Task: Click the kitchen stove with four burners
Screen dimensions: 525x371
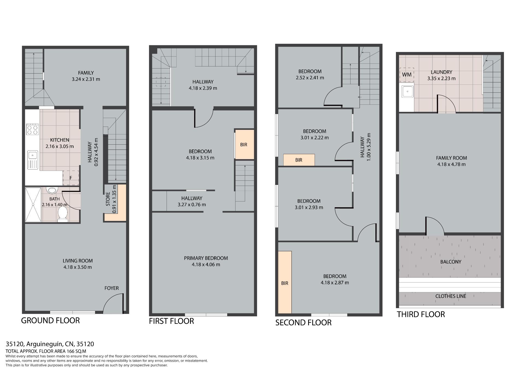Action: pyautogui.click(x=32, y=129)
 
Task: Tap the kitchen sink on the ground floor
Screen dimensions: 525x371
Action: pyautogui.click(x=33, y=160)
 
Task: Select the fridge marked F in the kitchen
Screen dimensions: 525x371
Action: pyautogui.click(x=71, y=178)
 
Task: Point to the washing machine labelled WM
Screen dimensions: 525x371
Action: pyautogui.click(x=407, y=75)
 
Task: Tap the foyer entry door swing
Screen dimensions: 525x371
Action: pyautogui.click(x=113, y=303)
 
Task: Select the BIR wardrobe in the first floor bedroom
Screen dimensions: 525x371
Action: pyautogui.click(x=244, y=145)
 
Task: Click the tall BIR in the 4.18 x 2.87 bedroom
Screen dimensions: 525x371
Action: pyautogui.click(x=285, y=282)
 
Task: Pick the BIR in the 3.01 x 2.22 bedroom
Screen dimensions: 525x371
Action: pyautogui.click(x=299, y=160)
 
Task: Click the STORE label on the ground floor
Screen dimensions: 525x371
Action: pyautogui.click(x=108, y=199)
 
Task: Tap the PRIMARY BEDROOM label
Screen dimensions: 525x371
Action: pyautogui.click(x=206, y=258)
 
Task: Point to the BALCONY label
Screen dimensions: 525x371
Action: pyautogui.click(x=451, y=262)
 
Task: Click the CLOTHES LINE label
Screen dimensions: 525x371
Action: pyautogui.click(x=451, y=296)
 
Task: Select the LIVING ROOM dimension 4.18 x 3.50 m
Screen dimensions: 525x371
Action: pyautogui.click(x=78, y=267)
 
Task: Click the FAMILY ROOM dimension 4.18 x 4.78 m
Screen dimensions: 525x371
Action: pyautogui.click(x=451, y=164)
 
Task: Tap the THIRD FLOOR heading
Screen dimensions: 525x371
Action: pyautogui.click(x=421, y=314)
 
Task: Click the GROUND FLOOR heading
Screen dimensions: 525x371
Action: pyautogui.click(x=50, y=320)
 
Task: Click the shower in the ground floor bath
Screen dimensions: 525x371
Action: pyautogui.click(x=33, y=205)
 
